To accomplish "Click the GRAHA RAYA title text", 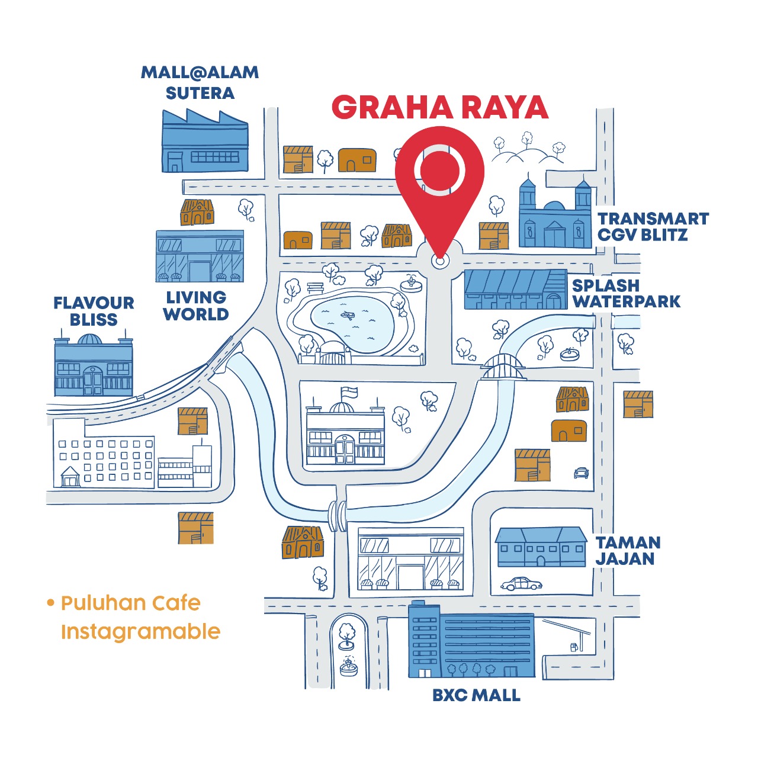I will [439, 108].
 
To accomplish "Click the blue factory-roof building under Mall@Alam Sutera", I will [204, 144].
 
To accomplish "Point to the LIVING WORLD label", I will [196, 306].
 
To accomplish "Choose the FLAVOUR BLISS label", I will [94, 311].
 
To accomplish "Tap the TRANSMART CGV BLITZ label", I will [653, 227].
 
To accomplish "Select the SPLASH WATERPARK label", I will [626, 293].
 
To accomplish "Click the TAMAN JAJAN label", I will [627, 551].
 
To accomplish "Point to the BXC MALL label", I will [476, 695].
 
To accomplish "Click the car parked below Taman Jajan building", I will [521, 584].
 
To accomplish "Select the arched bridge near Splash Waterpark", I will [503, 367].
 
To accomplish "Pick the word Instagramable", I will [140, 632].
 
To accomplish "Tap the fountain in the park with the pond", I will [411, 283].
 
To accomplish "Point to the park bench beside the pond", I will [315, 288].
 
